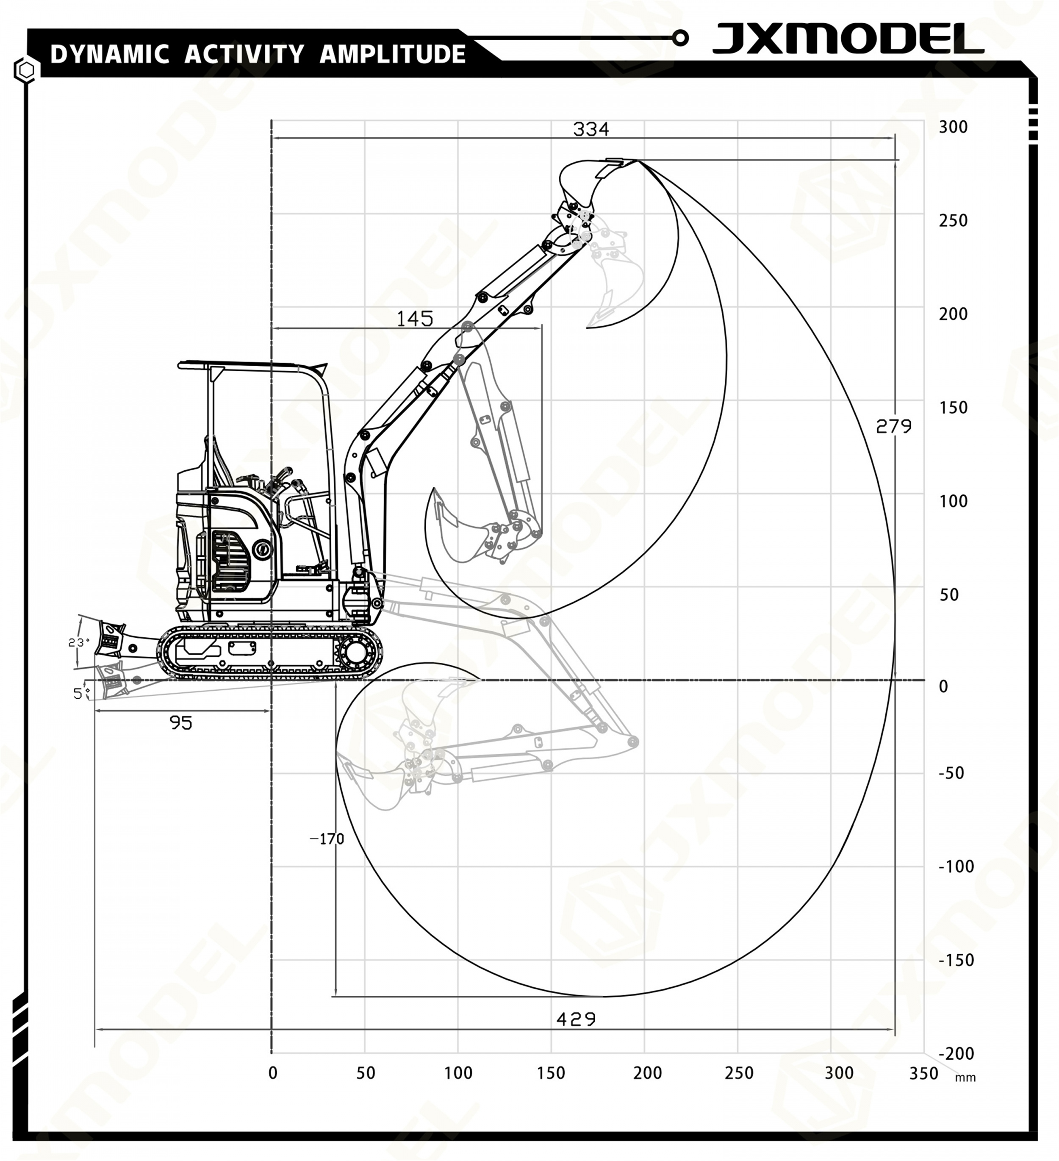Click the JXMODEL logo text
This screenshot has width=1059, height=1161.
848,39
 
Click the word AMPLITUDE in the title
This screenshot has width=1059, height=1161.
392,54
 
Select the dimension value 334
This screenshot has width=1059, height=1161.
591,129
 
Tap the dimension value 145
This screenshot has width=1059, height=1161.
415,319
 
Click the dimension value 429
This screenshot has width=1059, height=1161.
576,1019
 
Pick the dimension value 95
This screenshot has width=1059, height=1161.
181,723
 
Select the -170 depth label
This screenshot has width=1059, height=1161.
327,839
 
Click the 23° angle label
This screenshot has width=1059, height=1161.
79,642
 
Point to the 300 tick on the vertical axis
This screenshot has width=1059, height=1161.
953,127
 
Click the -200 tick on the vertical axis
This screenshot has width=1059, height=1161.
956,1053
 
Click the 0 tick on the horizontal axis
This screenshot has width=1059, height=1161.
273,1073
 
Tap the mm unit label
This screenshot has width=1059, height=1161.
965,1078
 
